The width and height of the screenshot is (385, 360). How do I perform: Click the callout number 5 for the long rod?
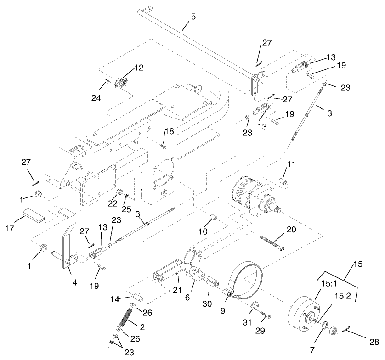point(193,17)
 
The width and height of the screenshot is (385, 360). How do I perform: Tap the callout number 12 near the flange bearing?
point(138,67)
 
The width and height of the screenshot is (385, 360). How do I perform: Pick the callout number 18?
point(170,131)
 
